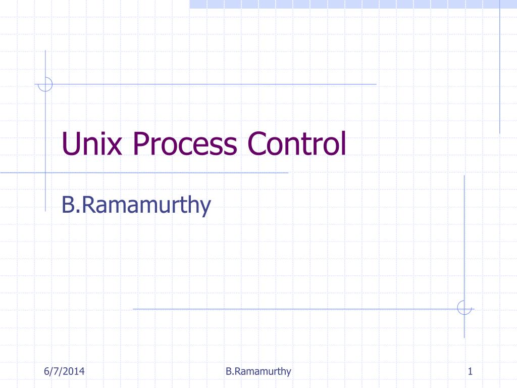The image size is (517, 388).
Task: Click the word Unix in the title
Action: pos(93,143)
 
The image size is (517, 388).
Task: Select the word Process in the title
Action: pos(185,143)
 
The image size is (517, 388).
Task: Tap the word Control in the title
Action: pos(296,143)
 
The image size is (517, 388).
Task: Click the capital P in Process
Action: pos(142,143)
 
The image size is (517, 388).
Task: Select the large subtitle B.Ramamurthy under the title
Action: pos(135,206)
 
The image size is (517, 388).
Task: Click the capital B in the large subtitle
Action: pos(68,206)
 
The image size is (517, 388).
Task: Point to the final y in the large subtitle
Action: pos(203,208)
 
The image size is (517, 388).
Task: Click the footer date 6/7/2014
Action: pos(64,372)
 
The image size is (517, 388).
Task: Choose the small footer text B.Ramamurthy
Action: pos(258,372)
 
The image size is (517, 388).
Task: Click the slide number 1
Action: pos(470,372)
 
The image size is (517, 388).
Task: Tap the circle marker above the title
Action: pos(45,84)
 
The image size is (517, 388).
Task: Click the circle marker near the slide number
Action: pos(464,308)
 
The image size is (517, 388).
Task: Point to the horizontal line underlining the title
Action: pos(167,173)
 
